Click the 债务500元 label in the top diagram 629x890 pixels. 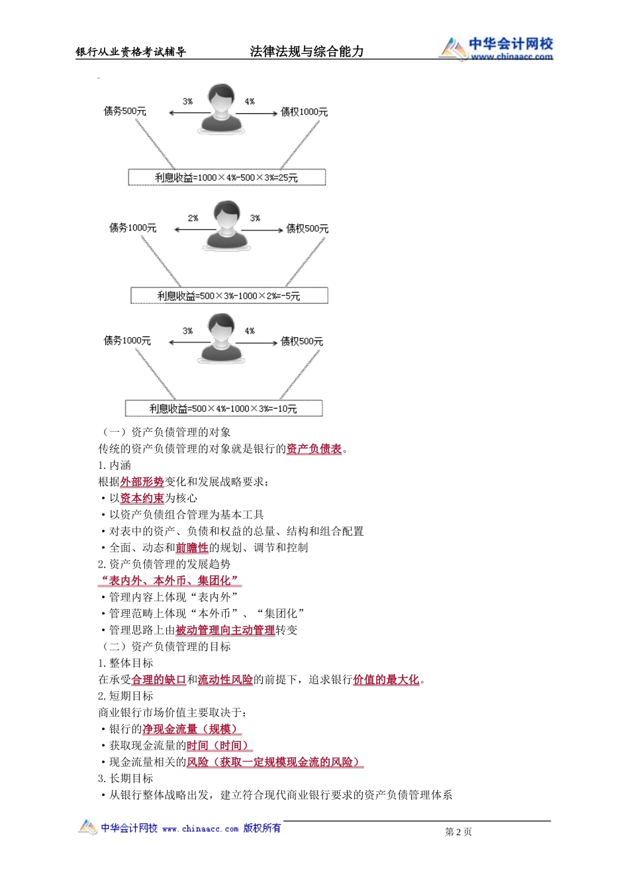click(124, 111)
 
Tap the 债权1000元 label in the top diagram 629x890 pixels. click(304, 112)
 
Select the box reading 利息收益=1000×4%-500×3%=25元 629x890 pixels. click(226, 177)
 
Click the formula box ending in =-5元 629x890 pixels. click(229, 295)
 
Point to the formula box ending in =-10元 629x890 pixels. click(224, 409)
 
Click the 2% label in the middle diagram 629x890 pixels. click(193, 218)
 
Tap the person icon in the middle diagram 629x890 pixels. click(226, 226)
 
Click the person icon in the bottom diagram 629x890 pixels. click(220, 338)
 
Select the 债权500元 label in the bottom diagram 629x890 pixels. click(301, 342)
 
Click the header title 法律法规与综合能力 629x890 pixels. click(307, 52)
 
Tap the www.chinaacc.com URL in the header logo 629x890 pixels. click(511, 57)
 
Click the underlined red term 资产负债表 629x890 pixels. click(314, 449)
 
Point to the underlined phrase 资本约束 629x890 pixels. click(142, 499)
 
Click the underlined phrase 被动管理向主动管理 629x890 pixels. click(225, 630)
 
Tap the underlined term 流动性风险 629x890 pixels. click(225, 679)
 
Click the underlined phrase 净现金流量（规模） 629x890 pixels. click(192, 729)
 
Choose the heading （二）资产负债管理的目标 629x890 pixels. click(165, 647)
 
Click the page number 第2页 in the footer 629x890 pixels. click(458, 832)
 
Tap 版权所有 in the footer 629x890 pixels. click(262, 828)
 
